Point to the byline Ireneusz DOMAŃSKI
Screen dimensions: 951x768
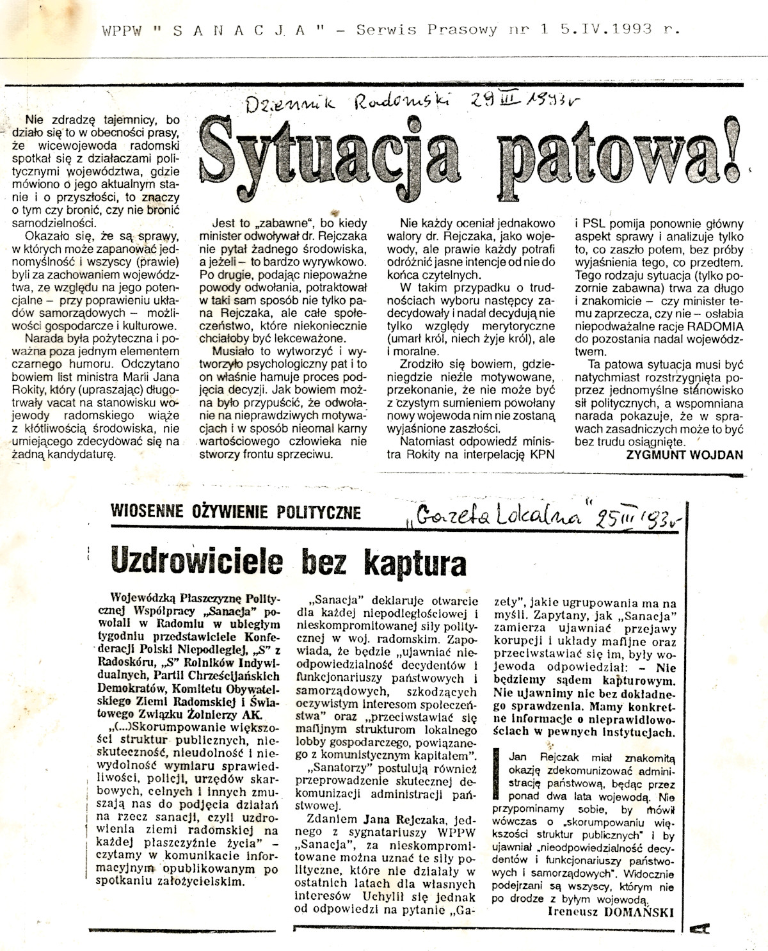click(611, 913)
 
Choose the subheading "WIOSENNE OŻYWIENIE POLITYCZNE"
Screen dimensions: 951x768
click(235, 512)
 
